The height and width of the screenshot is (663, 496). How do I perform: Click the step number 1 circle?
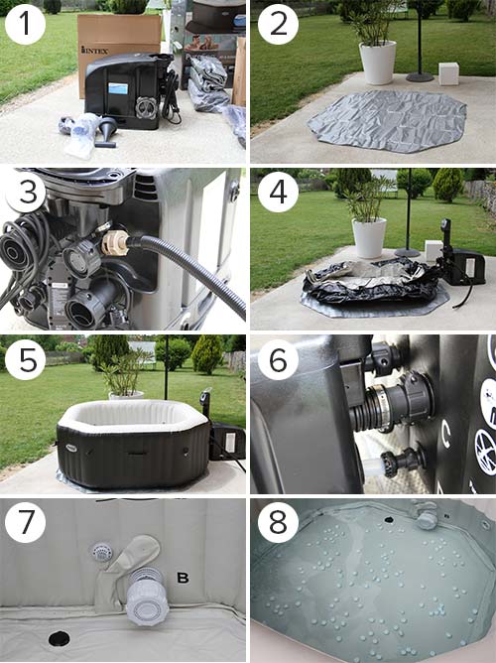[26, 24]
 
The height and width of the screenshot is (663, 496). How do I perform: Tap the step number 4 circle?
[278, 192]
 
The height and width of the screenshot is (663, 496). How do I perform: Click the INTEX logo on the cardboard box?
[94, 52]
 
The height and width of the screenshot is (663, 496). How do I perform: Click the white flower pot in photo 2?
[377, 63]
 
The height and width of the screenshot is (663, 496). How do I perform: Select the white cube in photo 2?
[448, 73]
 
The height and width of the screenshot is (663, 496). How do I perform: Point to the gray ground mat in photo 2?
[387, 120]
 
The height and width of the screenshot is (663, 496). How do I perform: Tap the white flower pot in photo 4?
[369, 237]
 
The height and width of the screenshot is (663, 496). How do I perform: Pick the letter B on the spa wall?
[183, 578]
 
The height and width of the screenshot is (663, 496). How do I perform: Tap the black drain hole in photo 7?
[59, 638]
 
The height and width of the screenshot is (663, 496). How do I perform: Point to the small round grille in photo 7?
[101, 552]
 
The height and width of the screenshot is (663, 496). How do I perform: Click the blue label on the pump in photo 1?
[118, 88]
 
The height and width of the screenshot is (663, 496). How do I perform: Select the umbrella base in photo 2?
[420, 77]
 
